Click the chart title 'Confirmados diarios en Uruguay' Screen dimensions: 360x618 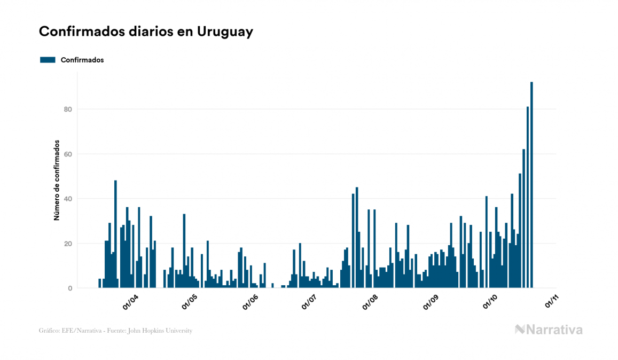(x=146, y=32)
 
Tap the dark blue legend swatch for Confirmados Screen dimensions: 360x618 (x=48, y=60)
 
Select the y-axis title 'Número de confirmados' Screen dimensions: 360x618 (x=56, y=181)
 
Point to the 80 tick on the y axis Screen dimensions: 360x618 (x=67, y=109)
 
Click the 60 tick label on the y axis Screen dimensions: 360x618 (x=67, y=154)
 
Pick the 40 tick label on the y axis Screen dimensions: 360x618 (x=67, y=199)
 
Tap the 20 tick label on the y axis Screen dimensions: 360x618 (x=67, y=244)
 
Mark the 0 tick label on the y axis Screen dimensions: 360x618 (x=69, y=288)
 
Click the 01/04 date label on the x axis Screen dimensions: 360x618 (x=130, y=302)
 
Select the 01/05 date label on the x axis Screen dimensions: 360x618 (x=190, y=302)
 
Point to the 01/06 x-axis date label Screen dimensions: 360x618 (x=251, y=302)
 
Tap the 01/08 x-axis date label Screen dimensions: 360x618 (x=370, y=302)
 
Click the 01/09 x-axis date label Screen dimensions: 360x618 (x=431, y=302)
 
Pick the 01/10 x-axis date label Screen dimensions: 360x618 (x=490, y=302)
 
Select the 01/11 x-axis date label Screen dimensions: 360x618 (x=551, y=302)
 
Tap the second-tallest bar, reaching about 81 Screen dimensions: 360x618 (x=528, y=198)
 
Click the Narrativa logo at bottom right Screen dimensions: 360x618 (x=549, y=330)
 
